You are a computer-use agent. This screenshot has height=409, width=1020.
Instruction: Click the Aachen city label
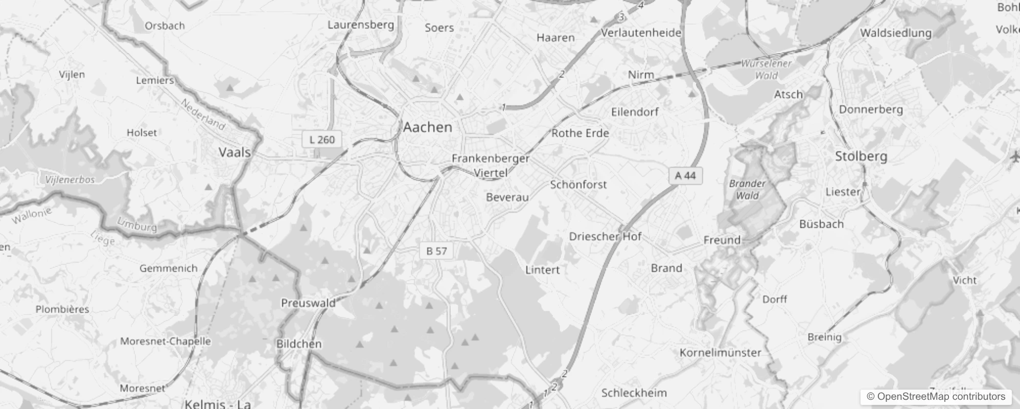(x=428, y=127)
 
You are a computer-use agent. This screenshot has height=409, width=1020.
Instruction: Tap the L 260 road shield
(x=322, y=140)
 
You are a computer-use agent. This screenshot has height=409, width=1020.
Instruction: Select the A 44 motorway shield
(x=685, y=176)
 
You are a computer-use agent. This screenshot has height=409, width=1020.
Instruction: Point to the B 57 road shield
(x=436, y=251)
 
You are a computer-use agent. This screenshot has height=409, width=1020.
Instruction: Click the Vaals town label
(x=235, y=152)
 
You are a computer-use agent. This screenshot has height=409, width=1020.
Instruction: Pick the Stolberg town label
(x=861, y=156)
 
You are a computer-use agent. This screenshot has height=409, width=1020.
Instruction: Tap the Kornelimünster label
(x=720, y=353)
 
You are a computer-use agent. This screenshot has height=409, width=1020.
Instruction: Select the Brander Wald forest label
(x=747, y=189)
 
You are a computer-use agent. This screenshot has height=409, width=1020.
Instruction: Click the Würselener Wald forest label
(x=766, y=70)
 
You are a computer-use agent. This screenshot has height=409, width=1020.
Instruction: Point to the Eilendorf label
(x=635, y=112)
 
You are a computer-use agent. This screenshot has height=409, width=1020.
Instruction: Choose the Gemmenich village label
(x=168, y=268)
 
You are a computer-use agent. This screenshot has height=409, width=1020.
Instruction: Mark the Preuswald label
(x=308, y=303)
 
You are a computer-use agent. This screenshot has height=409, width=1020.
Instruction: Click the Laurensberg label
(x=361, y=25)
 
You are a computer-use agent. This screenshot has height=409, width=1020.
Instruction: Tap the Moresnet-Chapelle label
(x=165, y=341)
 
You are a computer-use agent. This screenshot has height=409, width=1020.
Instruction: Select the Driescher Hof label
(x=605, y=237)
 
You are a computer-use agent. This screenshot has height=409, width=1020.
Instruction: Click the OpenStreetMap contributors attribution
(x=936, y=397)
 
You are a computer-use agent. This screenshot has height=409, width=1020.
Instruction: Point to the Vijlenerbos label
(x=70, y=180)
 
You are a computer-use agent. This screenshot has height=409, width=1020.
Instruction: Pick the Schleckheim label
(x=634, y=393)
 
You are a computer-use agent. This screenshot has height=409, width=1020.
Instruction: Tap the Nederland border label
(x=203, y=114)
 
